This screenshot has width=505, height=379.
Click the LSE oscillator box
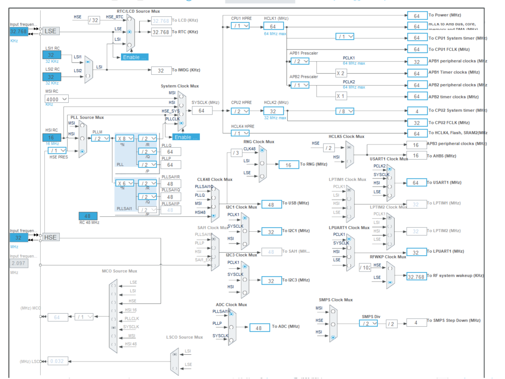(50, 31)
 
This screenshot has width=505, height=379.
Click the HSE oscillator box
(50, 237)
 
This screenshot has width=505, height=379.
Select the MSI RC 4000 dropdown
(57, 99)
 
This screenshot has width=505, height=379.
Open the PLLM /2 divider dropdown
(100, 138)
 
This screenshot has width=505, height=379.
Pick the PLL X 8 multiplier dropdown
(125, 138)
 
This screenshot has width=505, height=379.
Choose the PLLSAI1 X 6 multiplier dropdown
(125, 184)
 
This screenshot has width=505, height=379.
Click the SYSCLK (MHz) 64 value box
(201, 111)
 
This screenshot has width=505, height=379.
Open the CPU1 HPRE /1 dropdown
(240, 26)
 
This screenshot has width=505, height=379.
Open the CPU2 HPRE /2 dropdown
(240, 111)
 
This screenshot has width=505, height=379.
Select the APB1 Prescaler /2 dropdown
(299, 61)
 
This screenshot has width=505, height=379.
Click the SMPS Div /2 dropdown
(369, 323)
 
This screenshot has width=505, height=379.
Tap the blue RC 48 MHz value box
(87, 216)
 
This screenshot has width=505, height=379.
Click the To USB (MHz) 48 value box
(271, 204)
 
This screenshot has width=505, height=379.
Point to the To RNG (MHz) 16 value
(289, 164)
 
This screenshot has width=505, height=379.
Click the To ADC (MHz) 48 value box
(259, 328)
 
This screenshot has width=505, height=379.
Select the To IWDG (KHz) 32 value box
(161, 70)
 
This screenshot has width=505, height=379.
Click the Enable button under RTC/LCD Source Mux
(135, 57)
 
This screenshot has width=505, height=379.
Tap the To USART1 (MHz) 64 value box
(416, 183)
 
